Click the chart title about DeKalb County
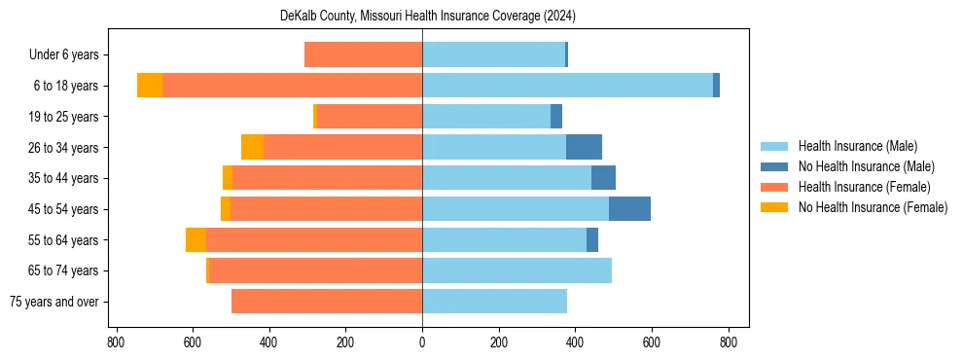point(422,16)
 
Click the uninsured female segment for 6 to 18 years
point(150,86)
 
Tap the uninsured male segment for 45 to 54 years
point(629,209)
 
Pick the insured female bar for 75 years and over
point(327,302)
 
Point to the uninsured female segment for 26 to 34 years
point(253,147)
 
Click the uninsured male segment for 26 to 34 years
point(584,147)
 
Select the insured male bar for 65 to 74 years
point(517,270)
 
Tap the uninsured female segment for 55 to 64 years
point(196,240)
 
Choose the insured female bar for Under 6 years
point(363,54)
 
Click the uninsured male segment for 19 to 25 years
point(556,117)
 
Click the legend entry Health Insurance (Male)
point(857,146)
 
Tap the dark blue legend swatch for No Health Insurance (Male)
point(774,166)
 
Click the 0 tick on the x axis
point(422,342)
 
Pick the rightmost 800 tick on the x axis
point(728,342)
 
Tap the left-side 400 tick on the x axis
point(268,342)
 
